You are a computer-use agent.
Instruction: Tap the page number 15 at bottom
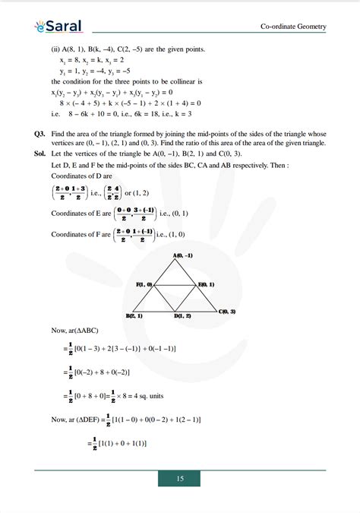click(180, 479)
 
